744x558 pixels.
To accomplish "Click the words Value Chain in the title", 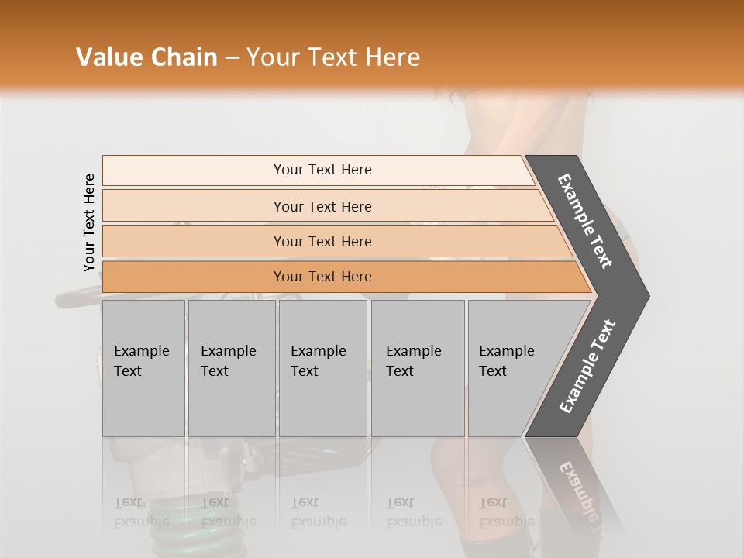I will pyautogui.click(x=146, y=57).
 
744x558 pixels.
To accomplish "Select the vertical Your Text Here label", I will pyautogui.click(x=89, y=222).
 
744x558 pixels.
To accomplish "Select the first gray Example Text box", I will pyautogui.click(x=143, y=368).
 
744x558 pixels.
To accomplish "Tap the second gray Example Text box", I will pyautogui.click(x=231, y=368).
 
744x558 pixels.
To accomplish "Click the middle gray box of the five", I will pyautogui.click(x=322, y=368).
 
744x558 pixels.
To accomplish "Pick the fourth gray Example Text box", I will pyautogui.click(x=417, y=368).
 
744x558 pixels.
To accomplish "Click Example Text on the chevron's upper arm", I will pyautogui.click(x=585, y=221).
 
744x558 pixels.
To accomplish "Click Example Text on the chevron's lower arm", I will pyautogui.click(x=587, y=367).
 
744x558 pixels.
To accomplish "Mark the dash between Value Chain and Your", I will pyautogui.click(x=231, y=58).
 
